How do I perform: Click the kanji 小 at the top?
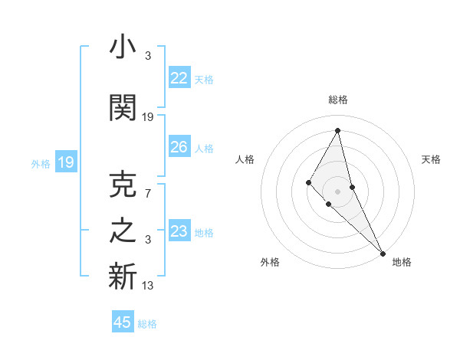(123, 48)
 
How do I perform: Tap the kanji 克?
(123, 185)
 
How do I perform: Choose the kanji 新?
(123, 277)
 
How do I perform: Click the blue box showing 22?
(179, 78)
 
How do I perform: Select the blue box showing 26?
(179, 147)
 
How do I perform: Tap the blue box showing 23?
(179, 231)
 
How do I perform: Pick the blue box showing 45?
(123, 322)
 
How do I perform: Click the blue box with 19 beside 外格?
(66, 162)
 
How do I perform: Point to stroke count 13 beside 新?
(149, 286)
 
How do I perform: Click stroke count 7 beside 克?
(148, 193)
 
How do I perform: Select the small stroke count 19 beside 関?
(149, 116)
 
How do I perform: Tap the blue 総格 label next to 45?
(147, 324)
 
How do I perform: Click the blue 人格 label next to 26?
(204, 148)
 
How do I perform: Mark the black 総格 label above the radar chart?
(338, 100)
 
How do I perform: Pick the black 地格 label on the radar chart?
(402, 262)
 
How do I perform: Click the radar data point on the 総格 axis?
(337, 130)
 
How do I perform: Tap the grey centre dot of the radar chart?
(337, 190)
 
